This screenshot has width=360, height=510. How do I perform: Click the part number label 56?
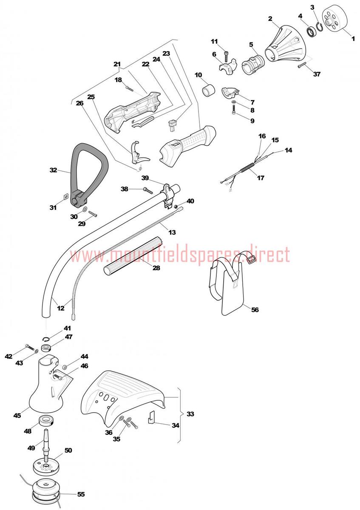pyautogui.click(x=255, y=310)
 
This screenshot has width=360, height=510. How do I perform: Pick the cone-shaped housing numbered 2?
pyautogui.click(x=287, y=43)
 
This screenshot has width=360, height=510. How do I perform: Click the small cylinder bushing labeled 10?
pyautogui.click(x=209, y=90)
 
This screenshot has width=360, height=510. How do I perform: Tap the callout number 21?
pyautogui.click(x=117, y=64)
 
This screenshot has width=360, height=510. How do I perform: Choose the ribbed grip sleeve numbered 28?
pyautogui.click(x=133, y=257)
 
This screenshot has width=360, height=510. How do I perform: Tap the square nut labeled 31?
pyautogui.click(x=65, y=196)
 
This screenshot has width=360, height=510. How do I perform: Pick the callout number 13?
pyautogui.click(x=172, y=232)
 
